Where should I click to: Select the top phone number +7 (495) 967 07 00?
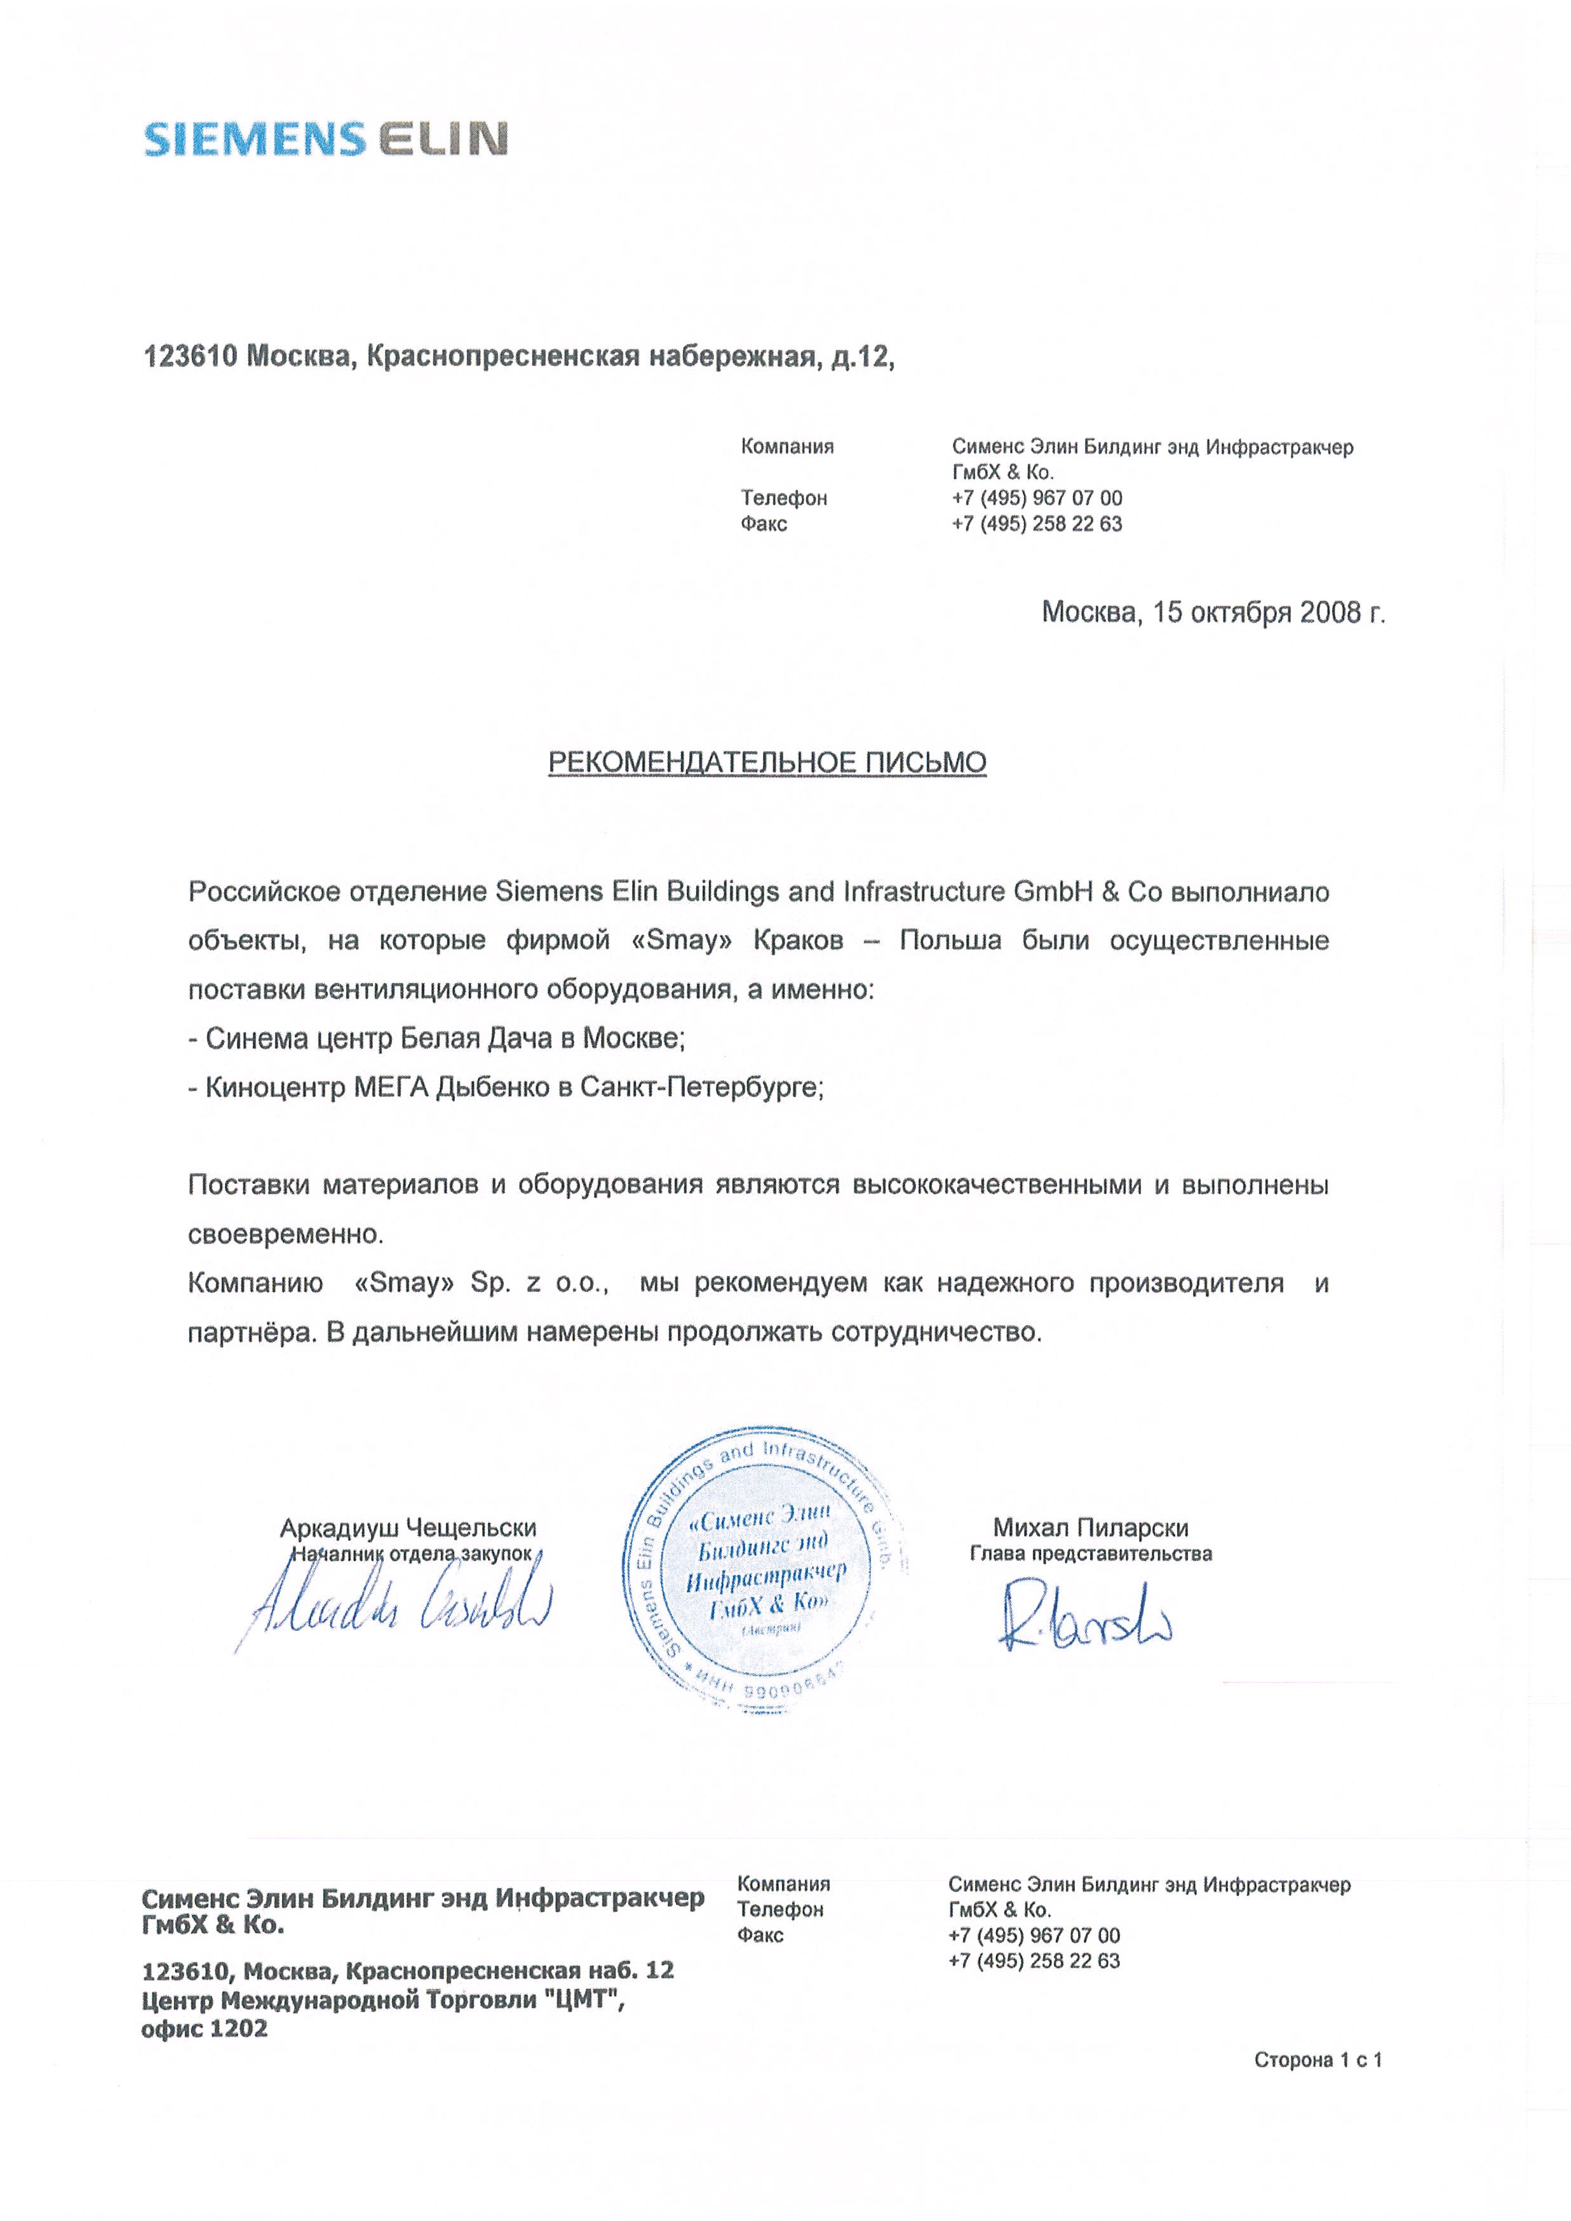(1037, 498)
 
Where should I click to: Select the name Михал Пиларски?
(1090, 1527)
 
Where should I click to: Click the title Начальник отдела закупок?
(411, 1555)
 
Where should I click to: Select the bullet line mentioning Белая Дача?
(436, 1039)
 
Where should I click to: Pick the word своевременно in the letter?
(285, 1234)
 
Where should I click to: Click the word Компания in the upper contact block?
(786, 447)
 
